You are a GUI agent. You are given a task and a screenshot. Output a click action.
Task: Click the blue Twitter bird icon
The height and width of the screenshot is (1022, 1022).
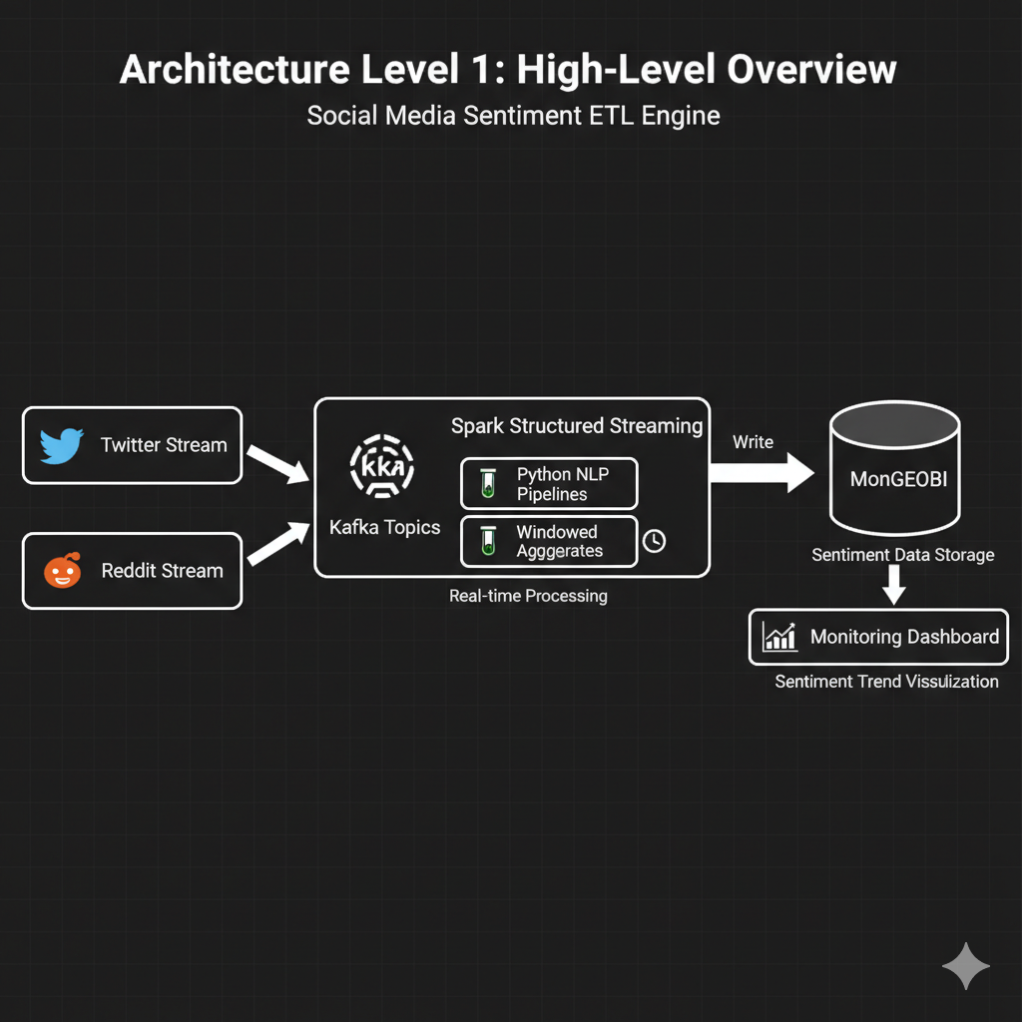coord(61,446)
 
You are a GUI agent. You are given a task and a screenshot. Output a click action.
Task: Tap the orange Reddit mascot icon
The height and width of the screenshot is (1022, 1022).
coord(61,571)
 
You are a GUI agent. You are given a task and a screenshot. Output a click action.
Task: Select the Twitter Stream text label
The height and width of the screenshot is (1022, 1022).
coord(164,445)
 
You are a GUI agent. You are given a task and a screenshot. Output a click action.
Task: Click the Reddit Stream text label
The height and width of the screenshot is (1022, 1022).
coord(162,571)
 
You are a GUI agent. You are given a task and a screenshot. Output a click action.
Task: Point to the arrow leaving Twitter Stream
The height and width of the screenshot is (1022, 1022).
coord(277,464)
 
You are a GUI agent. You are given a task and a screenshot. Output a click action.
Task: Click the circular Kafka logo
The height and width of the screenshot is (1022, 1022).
coord(383,466)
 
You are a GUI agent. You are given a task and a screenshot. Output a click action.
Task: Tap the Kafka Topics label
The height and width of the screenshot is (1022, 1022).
coord(384,527)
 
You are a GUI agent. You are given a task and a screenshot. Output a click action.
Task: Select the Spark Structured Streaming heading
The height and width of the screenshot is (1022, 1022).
coord(577,426)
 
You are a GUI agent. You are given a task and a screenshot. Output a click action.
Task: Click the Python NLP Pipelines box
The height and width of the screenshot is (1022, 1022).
coord(549,484)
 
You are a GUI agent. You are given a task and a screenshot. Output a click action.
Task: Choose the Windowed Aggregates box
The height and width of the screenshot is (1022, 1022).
coord(549,541)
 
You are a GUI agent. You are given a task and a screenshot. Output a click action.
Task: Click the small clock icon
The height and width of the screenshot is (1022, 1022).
coord(654,541)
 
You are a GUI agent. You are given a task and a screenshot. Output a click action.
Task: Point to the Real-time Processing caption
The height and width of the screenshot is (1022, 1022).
coord(528,596)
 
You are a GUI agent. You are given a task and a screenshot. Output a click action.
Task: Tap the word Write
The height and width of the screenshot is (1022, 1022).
coord(753,441)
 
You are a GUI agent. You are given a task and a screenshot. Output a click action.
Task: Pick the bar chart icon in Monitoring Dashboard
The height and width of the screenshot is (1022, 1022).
coord(778,637)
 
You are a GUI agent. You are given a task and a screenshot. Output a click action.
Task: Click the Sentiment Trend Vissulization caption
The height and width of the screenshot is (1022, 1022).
coord(886,682)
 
